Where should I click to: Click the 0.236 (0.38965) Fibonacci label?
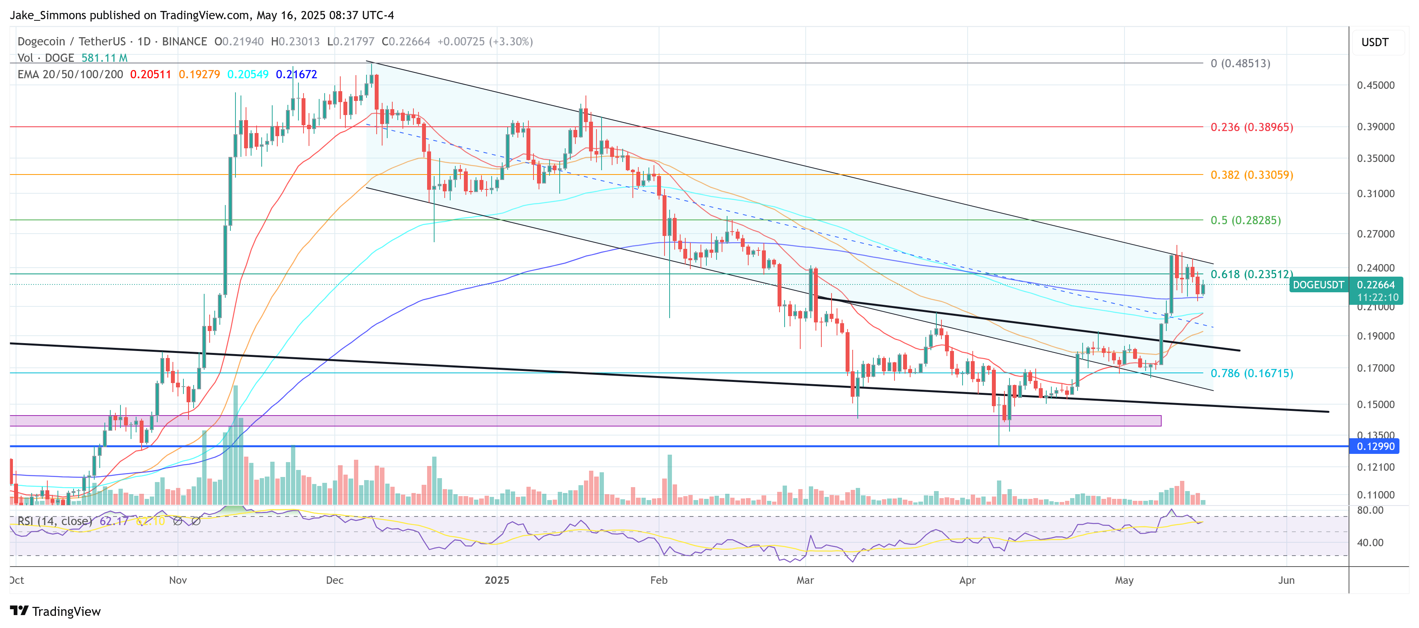pyautogui.click(x=1251, y=127)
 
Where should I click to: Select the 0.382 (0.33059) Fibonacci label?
pyautogui.click(x=1251, y=175)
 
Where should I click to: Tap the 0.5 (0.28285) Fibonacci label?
pyautogui.click(x=1245, y=220)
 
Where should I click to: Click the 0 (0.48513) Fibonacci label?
pyautogui.click(x=1240, y=63)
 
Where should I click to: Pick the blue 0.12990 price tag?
pyautogui.click(x=1375, y=446)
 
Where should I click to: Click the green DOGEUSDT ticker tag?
pyautogui.click(x=1318, y=285)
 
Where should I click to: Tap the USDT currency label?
pyautogui.click(x=1374, y=42)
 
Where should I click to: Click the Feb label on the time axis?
pyautogui.click(x=658, y=580)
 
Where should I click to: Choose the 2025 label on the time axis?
pyautogui.click(x=497, y=580)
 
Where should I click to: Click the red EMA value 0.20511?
pyautogui.click(x=150, y=74)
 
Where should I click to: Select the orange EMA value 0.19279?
pyautogui.click(x=199, y=74)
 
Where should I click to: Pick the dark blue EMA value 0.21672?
pyautogui.click(x=296, y=74)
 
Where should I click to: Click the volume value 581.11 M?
pyautogui.click(x=104, y=58)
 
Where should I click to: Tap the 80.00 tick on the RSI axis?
pyautogui.click(x=1370, y=510)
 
